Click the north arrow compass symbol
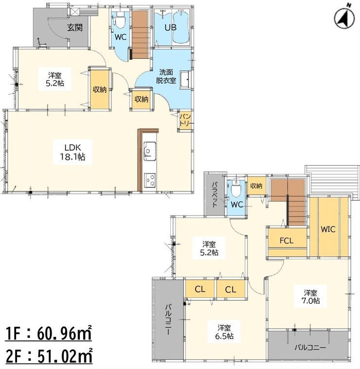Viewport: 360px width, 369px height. pos(344,18)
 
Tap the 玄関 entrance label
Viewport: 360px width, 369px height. pos(75,28)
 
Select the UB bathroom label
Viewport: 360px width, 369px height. pos(170,28)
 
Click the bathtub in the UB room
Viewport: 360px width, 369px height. pos(181,27)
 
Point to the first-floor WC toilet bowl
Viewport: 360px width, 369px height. pos(120,21)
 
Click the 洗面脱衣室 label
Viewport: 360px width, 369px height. pos(166,76)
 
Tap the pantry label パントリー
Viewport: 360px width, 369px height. pos(185,120)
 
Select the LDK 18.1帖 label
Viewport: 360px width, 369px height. pos(73,152)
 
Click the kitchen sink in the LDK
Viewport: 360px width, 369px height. pos(150,151)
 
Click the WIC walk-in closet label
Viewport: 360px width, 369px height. pos(328,229)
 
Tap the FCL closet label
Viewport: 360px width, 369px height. pos(287,241)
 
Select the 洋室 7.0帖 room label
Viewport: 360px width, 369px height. pos(310,297)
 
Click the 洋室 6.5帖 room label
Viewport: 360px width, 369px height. pos(224,332)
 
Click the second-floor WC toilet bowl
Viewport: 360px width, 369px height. pos(236,189)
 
